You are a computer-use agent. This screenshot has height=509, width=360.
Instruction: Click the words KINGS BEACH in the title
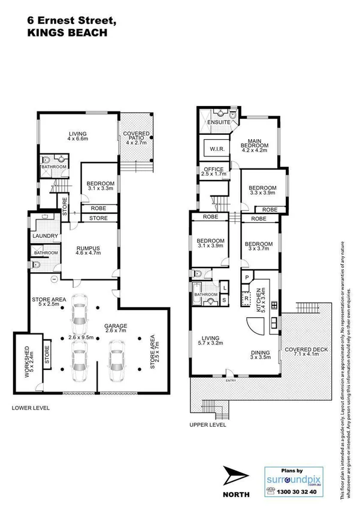click(68, 34)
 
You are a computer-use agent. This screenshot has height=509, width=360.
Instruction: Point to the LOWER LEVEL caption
click(30, 408)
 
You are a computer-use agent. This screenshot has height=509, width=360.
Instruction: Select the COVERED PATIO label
click(137, 137)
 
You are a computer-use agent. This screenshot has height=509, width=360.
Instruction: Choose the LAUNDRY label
click(44, 236)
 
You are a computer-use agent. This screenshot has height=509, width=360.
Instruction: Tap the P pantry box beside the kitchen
click(246, 278)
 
